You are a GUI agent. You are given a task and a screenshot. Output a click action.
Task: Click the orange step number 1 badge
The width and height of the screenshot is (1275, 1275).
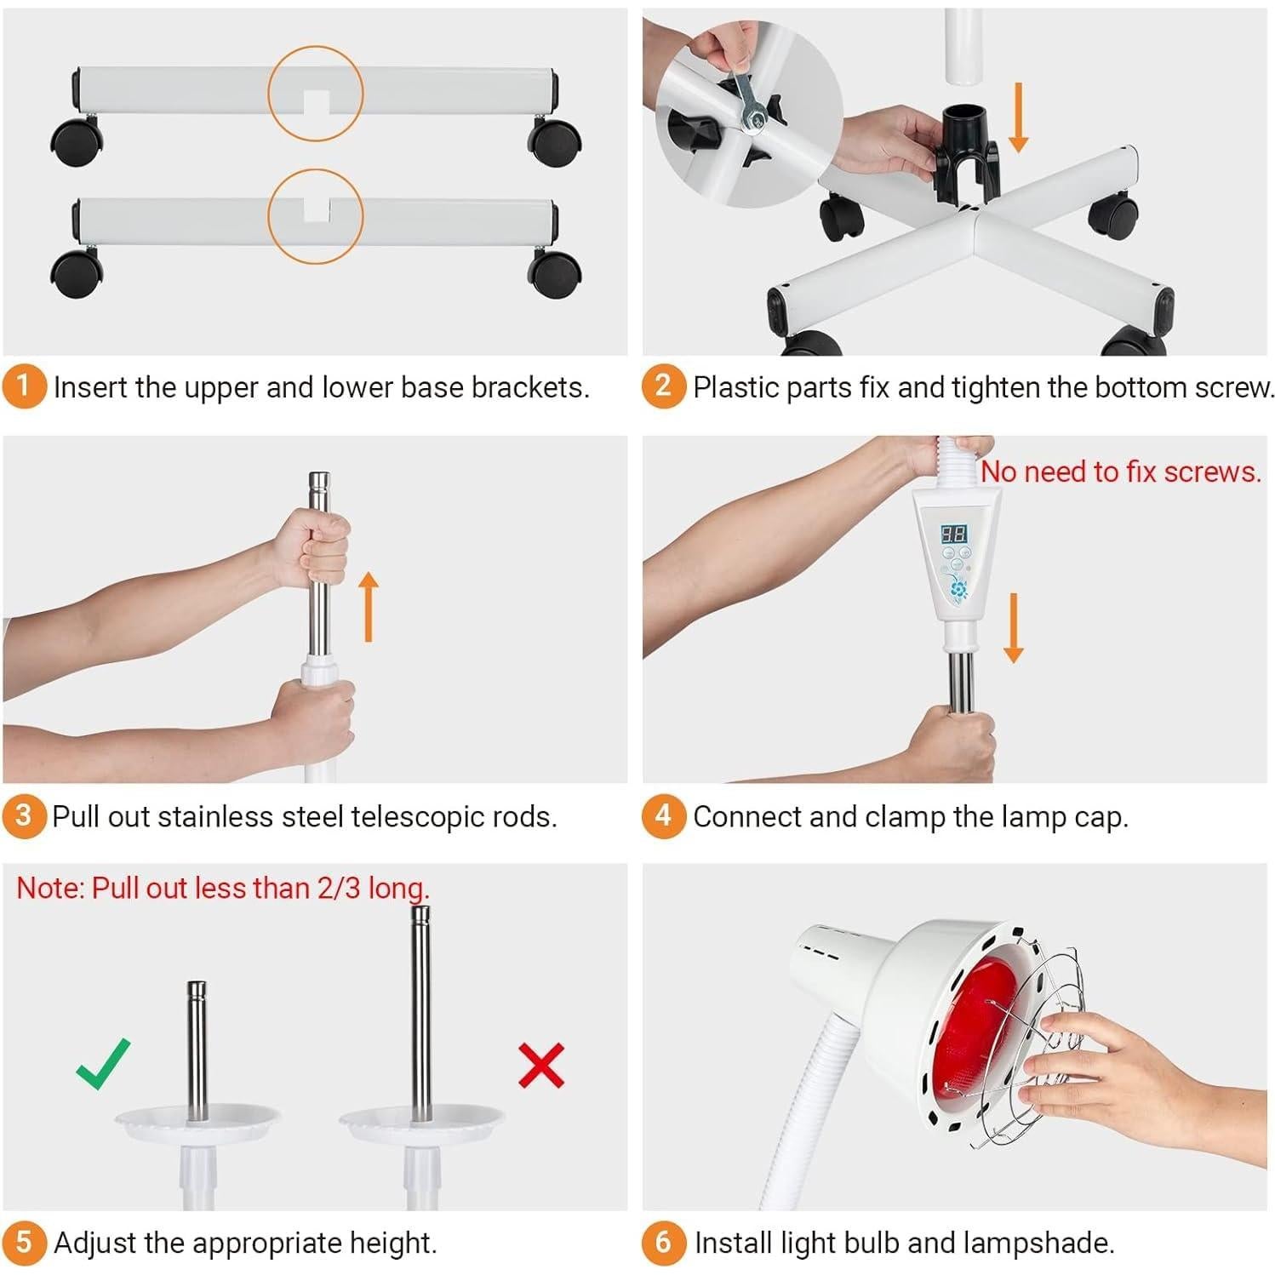point(24,386)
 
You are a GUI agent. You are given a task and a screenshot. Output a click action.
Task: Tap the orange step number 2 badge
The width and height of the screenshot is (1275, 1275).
point(664,386)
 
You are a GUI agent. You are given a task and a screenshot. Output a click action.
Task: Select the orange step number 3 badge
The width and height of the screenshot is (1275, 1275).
point(24,816)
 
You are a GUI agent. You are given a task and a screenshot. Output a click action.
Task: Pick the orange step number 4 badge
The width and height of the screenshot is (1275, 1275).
point(664,816)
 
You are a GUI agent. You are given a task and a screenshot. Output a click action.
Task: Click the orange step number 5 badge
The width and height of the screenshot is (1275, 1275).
point(24,1243)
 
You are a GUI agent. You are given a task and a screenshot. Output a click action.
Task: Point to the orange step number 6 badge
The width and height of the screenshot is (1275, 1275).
point(664,1243)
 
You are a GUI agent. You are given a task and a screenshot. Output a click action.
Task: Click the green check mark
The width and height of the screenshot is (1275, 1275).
point(104,1063)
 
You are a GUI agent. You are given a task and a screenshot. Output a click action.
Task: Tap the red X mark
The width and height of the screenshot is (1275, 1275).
point(541,1065)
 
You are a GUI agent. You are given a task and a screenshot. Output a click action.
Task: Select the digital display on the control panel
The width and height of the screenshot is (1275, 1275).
point(952,535)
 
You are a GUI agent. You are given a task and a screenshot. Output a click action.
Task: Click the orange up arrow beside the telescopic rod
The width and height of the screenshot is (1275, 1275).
point(368,606)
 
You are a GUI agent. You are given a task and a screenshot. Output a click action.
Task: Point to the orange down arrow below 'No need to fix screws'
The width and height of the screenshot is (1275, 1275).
point(1013,628)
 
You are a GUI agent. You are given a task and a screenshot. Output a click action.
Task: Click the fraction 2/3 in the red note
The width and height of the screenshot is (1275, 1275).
point(340,888)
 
